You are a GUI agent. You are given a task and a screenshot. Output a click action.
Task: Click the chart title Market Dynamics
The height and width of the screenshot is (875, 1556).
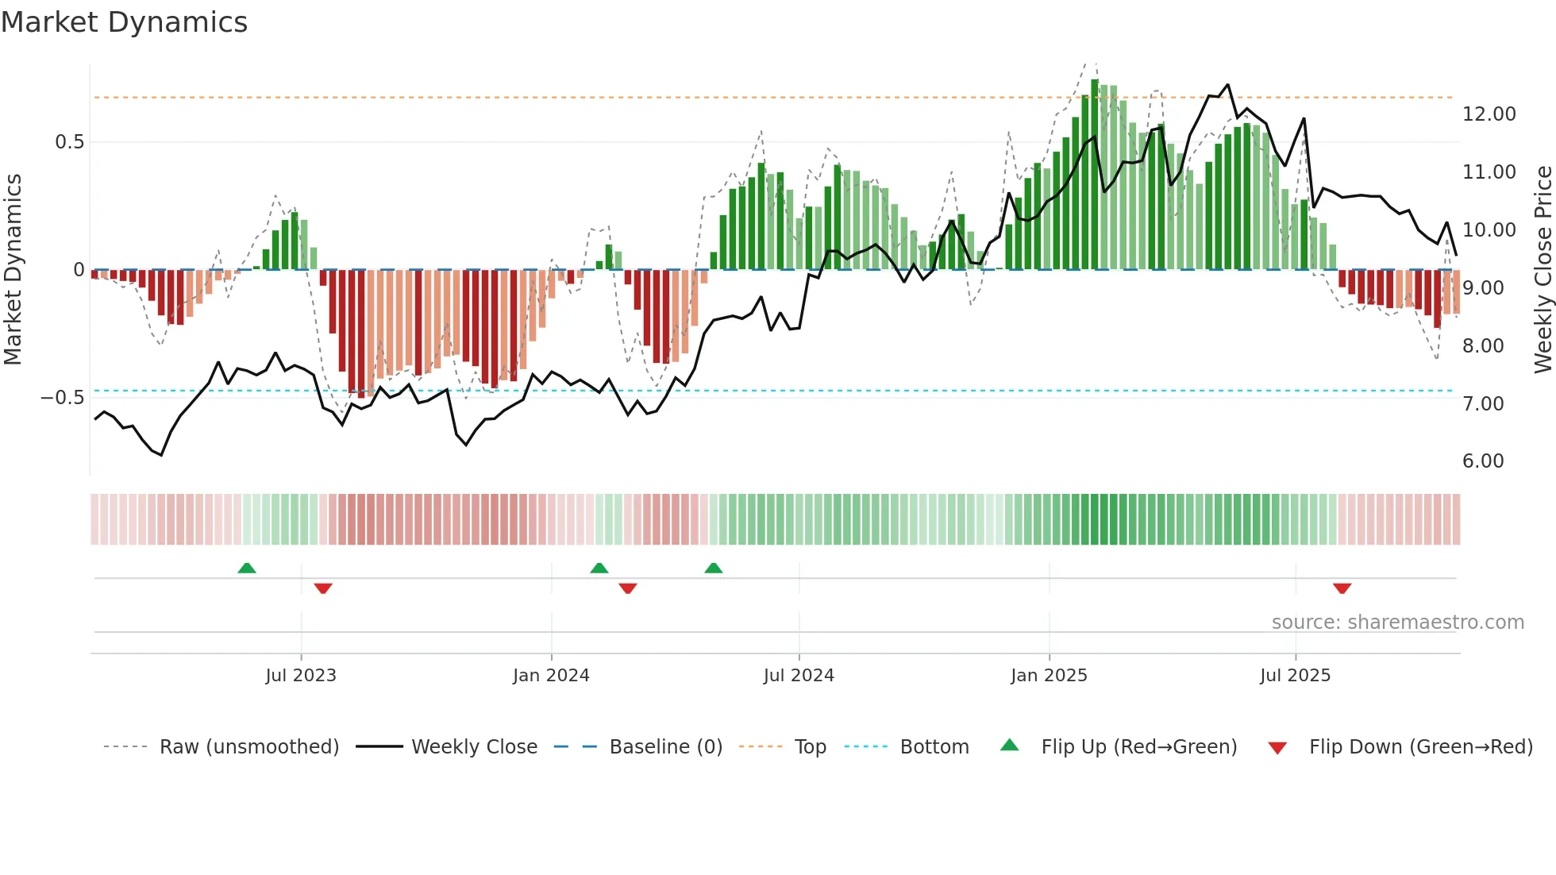click(125, 22)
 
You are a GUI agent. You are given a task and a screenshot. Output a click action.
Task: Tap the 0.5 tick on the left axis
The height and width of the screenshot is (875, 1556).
click(69, 142)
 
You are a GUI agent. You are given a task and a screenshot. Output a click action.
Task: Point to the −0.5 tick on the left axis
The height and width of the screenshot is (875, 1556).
click(63, 398)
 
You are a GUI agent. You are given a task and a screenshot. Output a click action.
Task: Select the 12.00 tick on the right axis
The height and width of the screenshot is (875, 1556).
click(1489, 114)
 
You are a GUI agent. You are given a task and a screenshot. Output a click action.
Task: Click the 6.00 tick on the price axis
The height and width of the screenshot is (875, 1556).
click(1482, 461)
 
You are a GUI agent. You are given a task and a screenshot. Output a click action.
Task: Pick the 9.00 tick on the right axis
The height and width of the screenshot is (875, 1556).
click(1482, 288)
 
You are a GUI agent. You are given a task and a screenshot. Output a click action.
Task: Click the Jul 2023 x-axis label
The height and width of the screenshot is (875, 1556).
click(301, 676)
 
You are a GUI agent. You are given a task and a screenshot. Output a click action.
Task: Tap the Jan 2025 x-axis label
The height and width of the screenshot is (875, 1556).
click(1049, 676)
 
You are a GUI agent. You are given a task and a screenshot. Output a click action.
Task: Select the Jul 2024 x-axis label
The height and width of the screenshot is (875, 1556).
click(799, 676)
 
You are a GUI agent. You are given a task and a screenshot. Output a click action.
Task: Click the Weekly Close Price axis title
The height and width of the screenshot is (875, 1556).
click(1543, 270)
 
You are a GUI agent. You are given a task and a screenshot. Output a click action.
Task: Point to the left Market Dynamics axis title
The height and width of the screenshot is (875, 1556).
click(13, 270)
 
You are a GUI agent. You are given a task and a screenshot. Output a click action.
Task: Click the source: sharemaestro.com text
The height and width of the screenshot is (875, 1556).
click(1397, 623)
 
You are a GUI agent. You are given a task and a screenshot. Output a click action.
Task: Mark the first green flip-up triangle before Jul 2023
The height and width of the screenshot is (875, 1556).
click(247, 569)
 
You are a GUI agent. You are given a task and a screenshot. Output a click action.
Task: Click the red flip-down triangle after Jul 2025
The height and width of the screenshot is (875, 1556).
click(1342, 588)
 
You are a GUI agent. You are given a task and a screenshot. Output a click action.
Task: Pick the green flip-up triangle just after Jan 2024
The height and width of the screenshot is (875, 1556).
click(599, 569)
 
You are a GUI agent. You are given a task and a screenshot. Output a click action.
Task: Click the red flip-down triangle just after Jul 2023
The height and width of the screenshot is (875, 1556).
click(323, 588)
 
